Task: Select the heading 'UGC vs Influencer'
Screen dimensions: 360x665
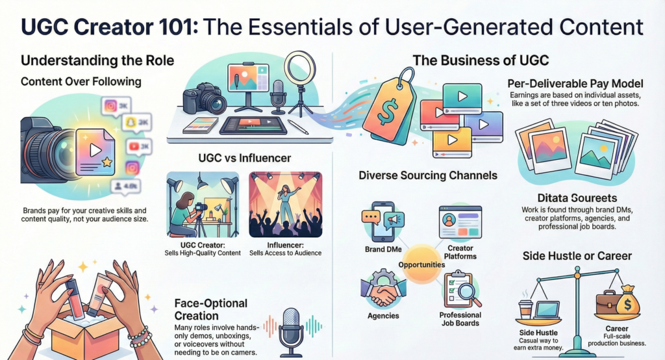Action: (244, 158)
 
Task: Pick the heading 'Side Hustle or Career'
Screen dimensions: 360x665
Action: (577, 255)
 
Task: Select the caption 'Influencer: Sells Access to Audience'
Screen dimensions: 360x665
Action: (286, 248)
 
